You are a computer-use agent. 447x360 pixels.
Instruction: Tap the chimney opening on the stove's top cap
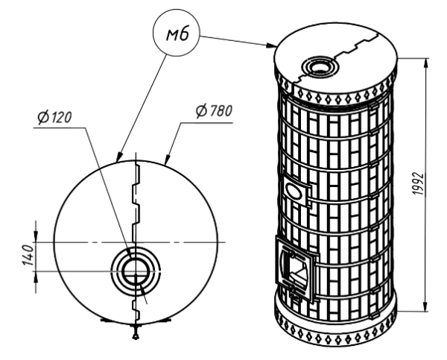pyautogui.click(x=323, y=66)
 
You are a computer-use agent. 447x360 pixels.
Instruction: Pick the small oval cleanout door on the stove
pyautogui.click(x=296, y=191)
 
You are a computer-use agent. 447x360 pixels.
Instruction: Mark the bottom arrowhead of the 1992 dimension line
pyautogui.click(x=425, y=308)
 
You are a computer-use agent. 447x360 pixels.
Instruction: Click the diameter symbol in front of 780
pyautogui.click(x=201, y=112)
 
